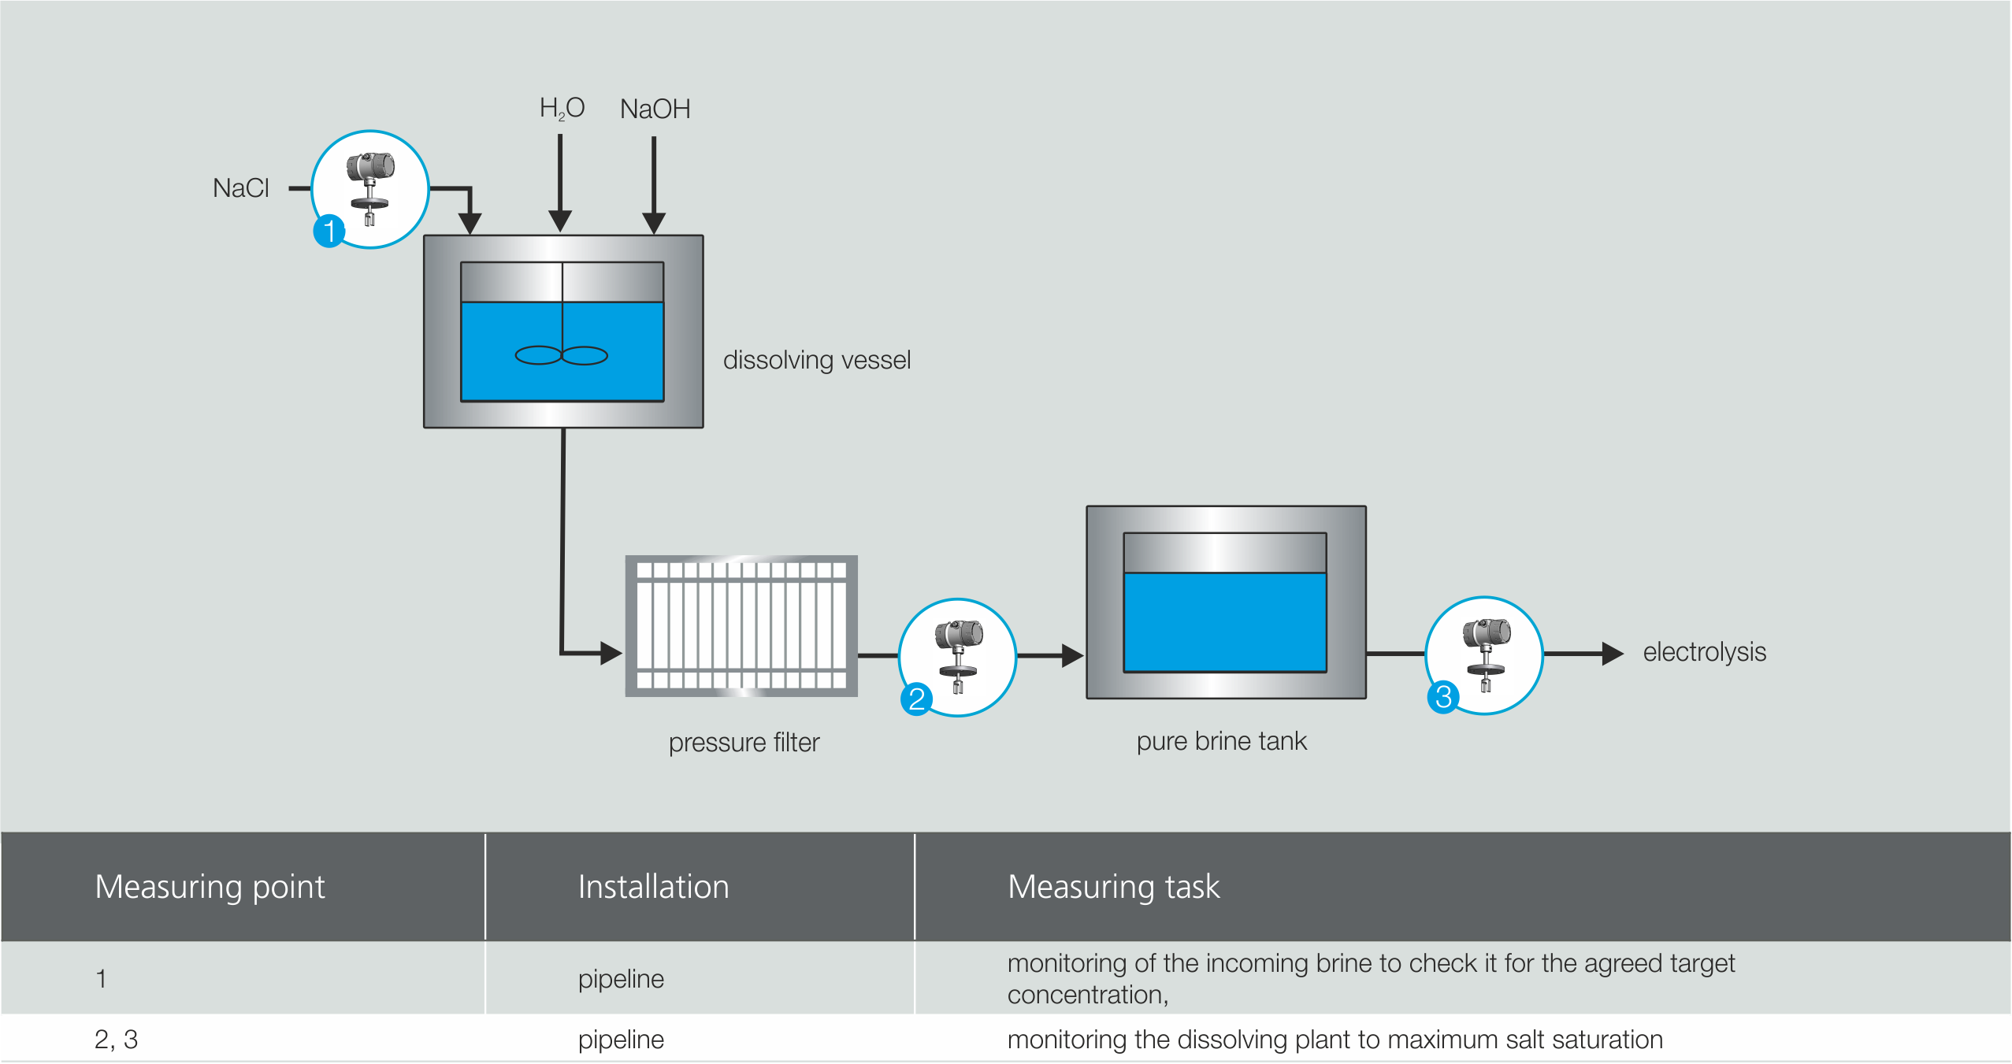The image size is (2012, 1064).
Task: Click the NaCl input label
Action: pos(240,188)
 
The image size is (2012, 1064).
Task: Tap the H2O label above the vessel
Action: pos(561,108)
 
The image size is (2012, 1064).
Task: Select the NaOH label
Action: pos(655,109)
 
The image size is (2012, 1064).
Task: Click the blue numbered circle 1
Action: pos(329,232)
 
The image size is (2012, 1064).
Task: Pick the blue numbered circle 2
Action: pos(916,699)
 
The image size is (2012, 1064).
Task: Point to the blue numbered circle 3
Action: pos(1443,697)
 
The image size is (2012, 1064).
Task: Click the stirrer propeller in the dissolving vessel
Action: pos(561,356)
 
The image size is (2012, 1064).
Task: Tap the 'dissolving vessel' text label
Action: pos(816,360)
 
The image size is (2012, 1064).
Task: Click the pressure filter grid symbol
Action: pos(741,626)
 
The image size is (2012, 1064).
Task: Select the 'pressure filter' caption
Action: pos(744,742)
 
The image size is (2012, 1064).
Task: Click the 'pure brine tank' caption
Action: pos(1221,741)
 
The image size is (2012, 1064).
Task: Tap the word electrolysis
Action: pos(1704,652)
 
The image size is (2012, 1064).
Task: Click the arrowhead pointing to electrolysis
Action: pos(1612,654)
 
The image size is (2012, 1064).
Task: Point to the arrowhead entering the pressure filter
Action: pos(611,653)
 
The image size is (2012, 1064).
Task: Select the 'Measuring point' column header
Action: pos(210,887)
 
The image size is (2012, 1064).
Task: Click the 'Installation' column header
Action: pos(653,887)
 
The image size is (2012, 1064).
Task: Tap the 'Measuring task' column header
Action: pos(1113,887)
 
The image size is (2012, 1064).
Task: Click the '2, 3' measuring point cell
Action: pos(116,1040)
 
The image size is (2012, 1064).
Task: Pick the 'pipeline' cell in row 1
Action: pos(621,979)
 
